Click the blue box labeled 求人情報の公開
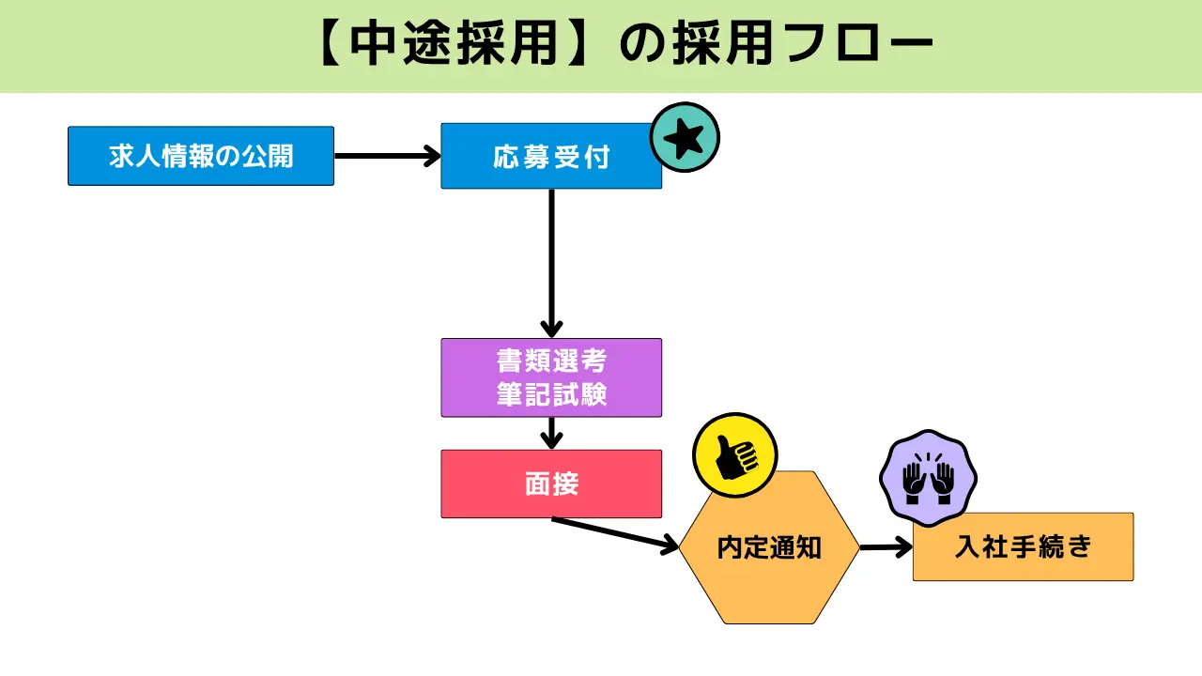(200, 156)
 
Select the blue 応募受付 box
(551, 156)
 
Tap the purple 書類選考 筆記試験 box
(551, 377)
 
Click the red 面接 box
(551, 484)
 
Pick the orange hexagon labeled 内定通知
(769, 547)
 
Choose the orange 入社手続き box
(1023, 546)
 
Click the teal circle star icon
(685, 138)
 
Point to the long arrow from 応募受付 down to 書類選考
(551, 263)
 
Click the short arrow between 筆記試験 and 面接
(551, 433)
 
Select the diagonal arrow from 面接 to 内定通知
(615, 532)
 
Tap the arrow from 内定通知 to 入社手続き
(886, 546)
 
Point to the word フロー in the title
(845, 45)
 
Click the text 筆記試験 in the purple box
(551, 394)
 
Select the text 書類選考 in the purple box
(551, 361)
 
